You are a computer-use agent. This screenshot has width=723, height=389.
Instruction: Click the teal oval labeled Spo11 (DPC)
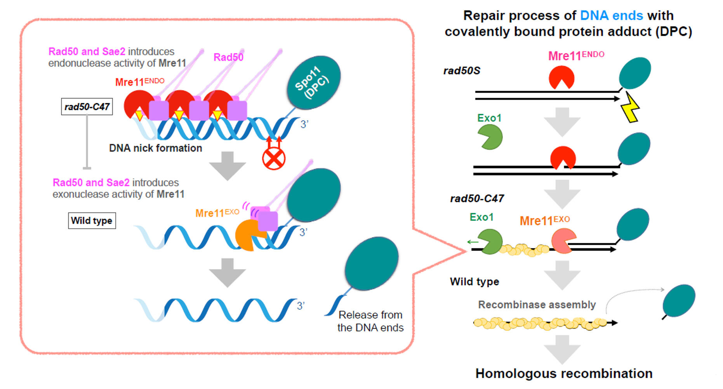coord(313,82)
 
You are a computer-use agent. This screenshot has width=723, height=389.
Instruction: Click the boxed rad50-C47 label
coord(87,107)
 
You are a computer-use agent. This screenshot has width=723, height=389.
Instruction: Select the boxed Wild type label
coord(92,221)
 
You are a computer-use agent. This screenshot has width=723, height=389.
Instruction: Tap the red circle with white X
coord(274,159)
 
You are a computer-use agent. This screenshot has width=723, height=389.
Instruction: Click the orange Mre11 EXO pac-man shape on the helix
coord(247,235)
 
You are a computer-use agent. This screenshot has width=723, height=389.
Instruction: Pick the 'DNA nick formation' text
coord(155,148)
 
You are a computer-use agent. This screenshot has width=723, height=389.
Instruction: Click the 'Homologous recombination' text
coord(564,373)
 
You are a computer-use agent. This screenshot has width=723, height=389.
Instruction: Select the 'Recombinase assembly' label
coord(537,305)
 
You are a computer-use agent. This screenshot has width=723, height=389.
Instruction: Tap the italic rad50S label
coord(462,71)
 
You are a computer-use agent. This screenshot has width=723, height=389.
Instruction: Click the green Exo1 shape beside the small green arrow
coord(490,241)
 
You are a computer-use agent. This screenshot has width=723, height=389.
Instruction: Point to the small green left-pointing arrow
coord(473,242)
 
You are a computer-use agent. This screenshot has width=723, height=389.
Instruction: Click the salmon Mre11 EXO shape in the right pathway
coord(563,240)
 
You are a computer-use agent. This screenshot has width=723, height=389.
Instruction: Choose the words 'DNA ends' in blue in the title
coord(611,16)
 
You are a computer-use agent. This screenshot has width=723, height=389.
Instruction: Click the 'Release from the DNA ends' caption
coord(370,321)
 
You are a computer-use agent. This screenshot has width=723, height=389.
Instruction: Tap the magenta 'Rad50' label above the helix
coord(228,58)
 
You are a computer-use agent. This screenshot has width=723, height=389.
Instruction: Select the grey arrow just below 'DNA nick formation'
coord(227,166)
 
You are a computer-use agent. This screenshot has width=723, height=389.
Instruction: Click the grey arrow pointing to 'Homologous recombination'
coord(562,349)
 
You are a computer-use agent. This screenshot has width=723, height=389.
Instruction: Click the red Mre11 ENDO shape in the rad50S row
coord(561,77)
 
